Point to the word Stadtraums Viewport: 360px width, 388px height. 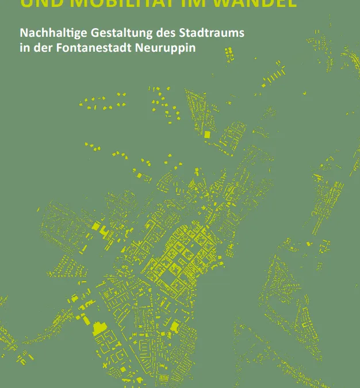[x=208, y=33]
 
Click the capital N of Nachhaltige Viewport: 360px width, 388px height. [x=23, y=33]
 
